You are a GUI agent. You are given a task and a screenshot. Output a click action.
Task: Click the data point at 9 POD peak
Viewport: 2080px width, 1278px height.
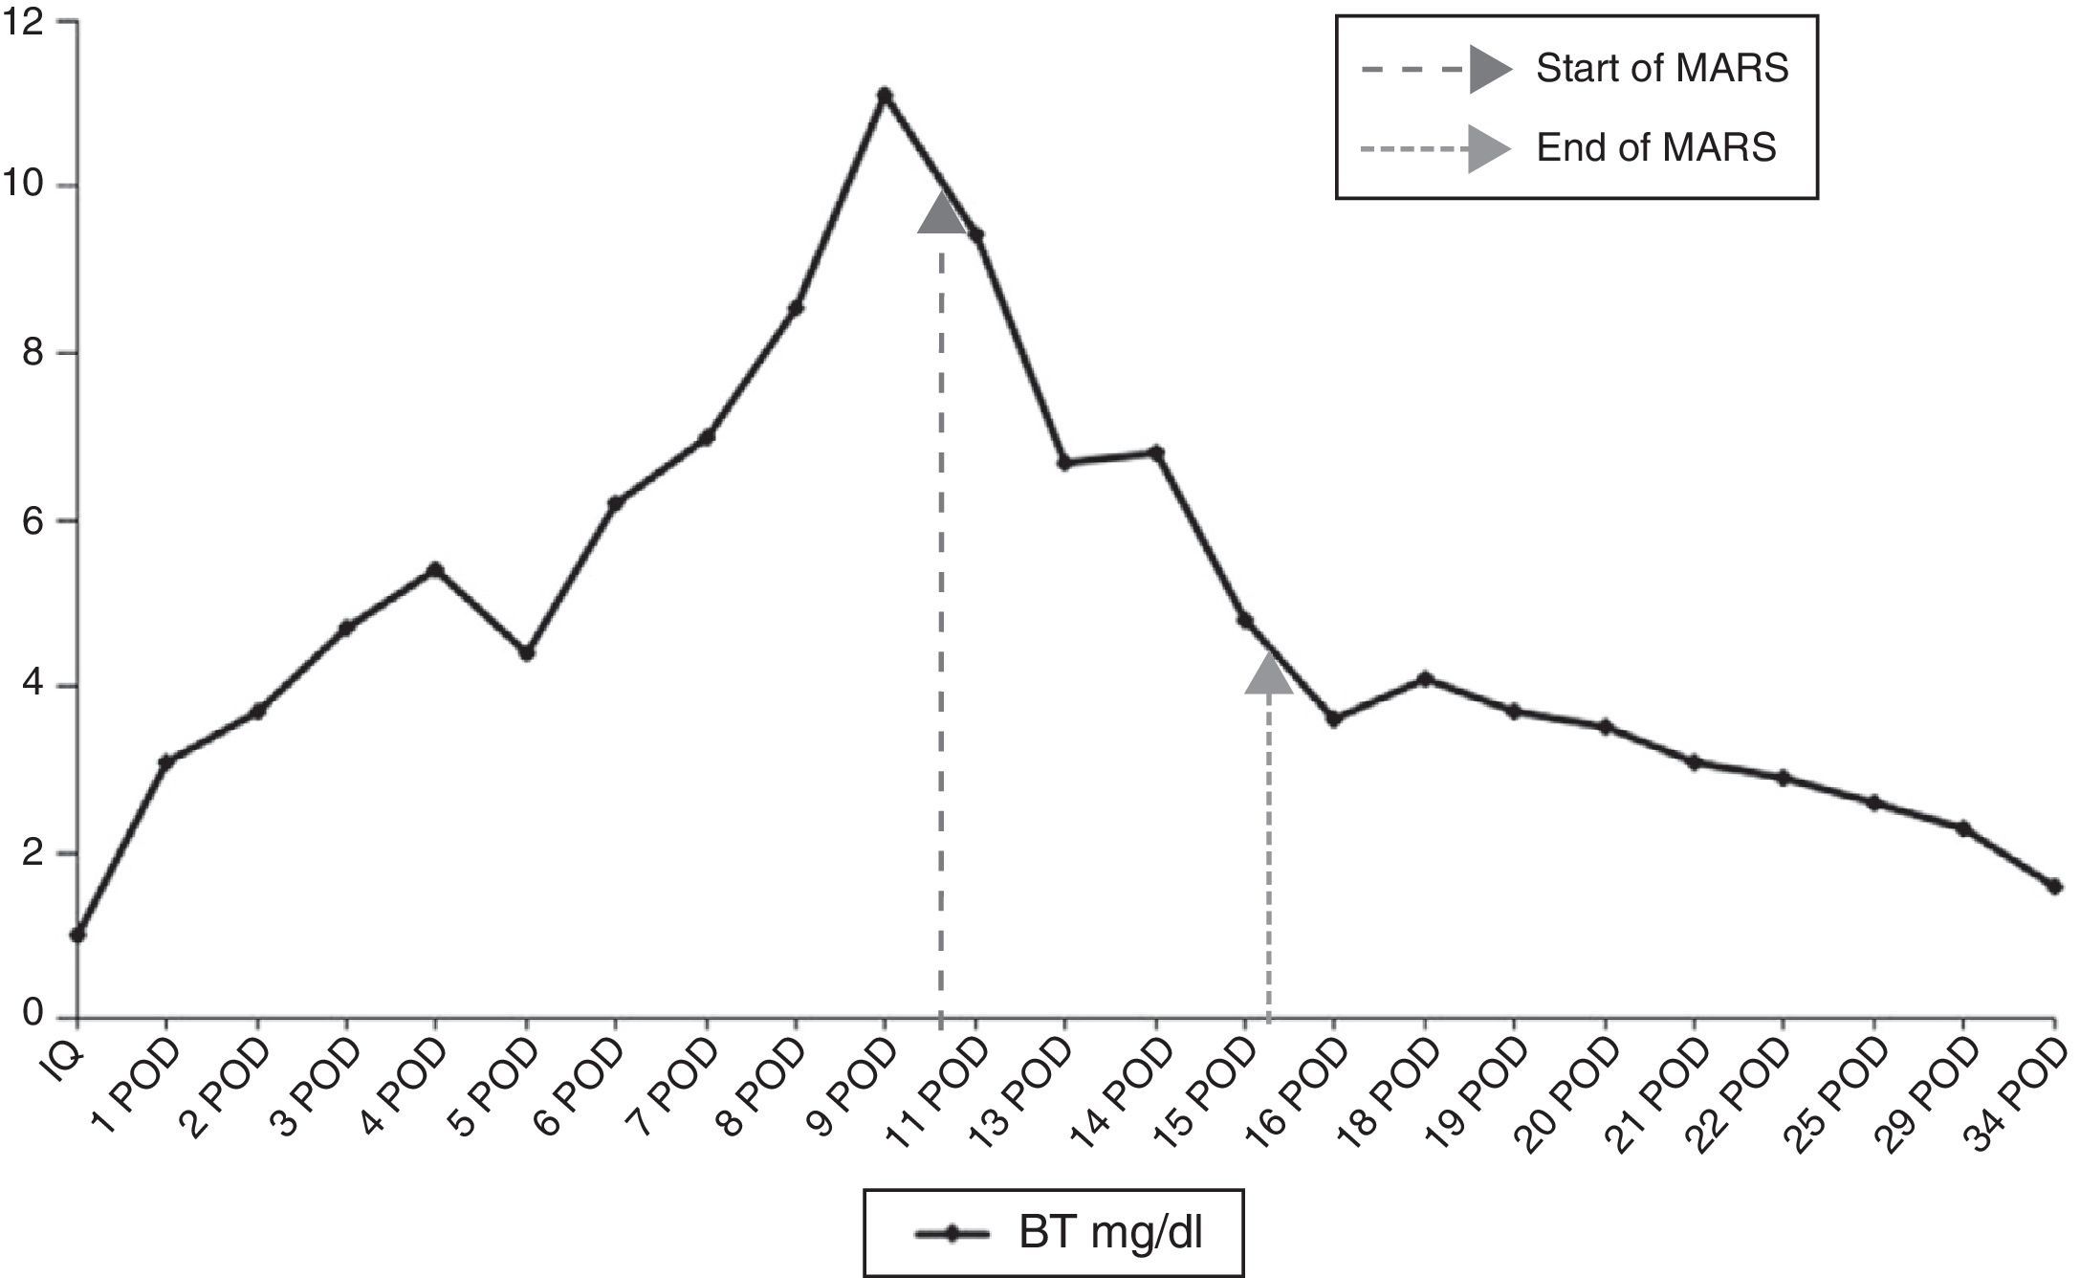[x=885, y=95]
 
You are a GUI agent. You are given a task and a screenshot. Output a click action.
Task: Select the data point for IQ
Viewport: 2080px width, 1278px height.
[x=77, y=935]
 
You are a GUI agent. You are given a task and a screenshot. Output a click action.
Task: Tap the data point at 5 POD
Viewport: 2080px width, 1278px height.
[x=526, y=652]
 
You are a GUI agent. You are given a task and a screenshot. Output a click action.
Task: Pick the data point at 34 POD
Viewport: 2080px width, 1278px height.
[x=2054, y=887]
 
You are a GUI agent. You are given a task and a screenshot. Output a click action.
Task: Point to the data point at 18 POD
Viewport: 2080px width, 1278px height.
[x=1426, y=678]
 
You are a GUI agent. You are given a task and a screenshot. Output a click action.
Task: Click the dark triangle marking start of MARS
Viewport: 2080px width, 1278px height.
[x=942, y=213]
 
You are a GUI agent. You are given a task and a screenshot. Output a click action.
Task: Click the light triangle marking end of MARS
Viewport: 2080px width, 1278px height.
[x=1269, y=673]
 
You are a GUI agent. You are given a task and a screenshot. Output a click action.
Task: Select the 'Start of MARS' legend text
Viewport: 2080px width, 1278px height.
[x=1662, y=69]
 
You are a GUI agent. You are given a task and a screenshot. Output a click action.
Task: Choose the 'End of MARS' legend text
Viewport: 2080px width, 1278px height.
[x=1655, y=147]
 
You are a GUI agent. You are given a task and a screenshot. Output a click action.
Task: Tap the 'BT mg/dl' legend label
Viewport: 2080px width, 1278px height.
[x=1109, y=1234]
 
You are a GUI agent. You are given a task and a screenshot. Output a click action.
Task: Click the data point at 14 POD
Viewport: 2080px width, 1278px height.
[x=1156, y=452]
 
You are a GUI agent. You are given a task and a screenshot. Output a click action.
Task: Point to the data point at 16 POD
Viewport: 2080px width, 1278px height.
[x=1333, y=718]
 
